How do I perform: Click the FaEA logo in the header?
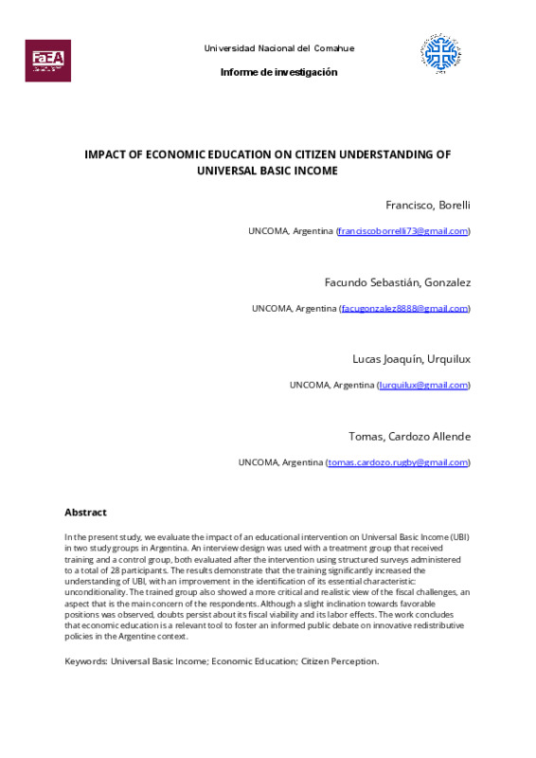[x=47, y=60]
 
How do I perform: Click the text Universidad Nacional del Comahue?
[x=279, y=48]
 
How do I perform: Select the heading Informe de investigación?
[x=278, y=73]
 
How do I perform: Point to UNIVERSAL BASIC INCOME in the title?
[x=267, y=171]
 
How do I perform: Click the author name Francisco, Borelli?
[x=428, y=205]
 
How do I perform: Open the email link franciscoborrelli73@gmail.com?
[x=403, y=231]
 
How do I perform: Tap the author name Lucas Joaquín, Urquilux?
[x=411, y=359]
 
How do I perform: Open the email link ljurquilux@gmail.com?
[x=423, y=385]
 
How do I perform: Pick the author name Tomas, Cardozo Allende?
[x=409, y=436]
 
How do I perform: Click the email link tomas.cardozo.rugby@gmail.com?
[x=398, y=462]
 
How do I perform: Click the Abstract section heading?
[x=85, y=513]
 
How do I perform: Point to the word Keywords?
[x=85, y=660]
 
